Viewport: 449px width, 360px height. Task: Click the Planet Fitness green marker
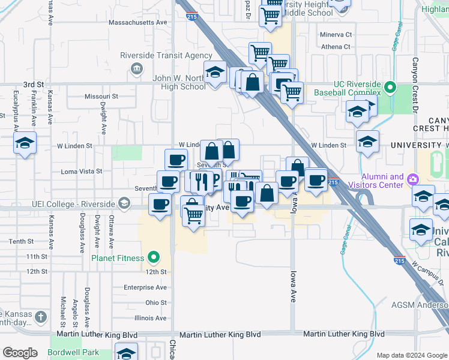coord(154,258)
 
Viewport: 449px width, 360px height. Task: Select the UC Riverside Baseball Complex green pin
coord(390,88)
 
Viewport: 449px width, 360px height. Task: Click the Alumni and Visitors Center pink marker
coord(412,179)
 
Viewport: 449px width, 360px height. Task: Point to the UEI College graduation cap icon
coord(124,203)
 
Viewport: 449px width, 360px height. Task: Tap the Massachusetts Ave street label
coord(137,22)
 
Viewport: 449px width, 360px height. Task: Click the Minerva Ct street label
coord(336,35)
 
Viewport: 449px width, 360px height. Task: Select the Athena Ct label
coord(336,46)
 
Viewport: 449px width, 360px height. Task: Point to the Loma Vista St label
coord(82,171)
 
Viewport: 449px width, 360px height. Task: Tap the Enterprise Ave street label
coord(145,287)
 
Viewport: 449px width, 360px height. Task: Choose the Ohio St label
coord(155,302)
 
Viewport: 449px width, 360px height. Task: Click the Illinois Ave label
coord(151,318)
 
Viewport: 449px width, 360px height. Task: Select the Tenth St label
coord(22,241)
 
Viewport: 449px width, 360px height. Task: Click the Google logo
coord(20,353)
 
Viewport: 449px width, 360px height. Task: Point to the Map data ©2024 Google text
coord(411,355)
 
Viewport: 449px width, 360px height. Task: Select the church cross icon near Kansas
coord(40,316)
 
